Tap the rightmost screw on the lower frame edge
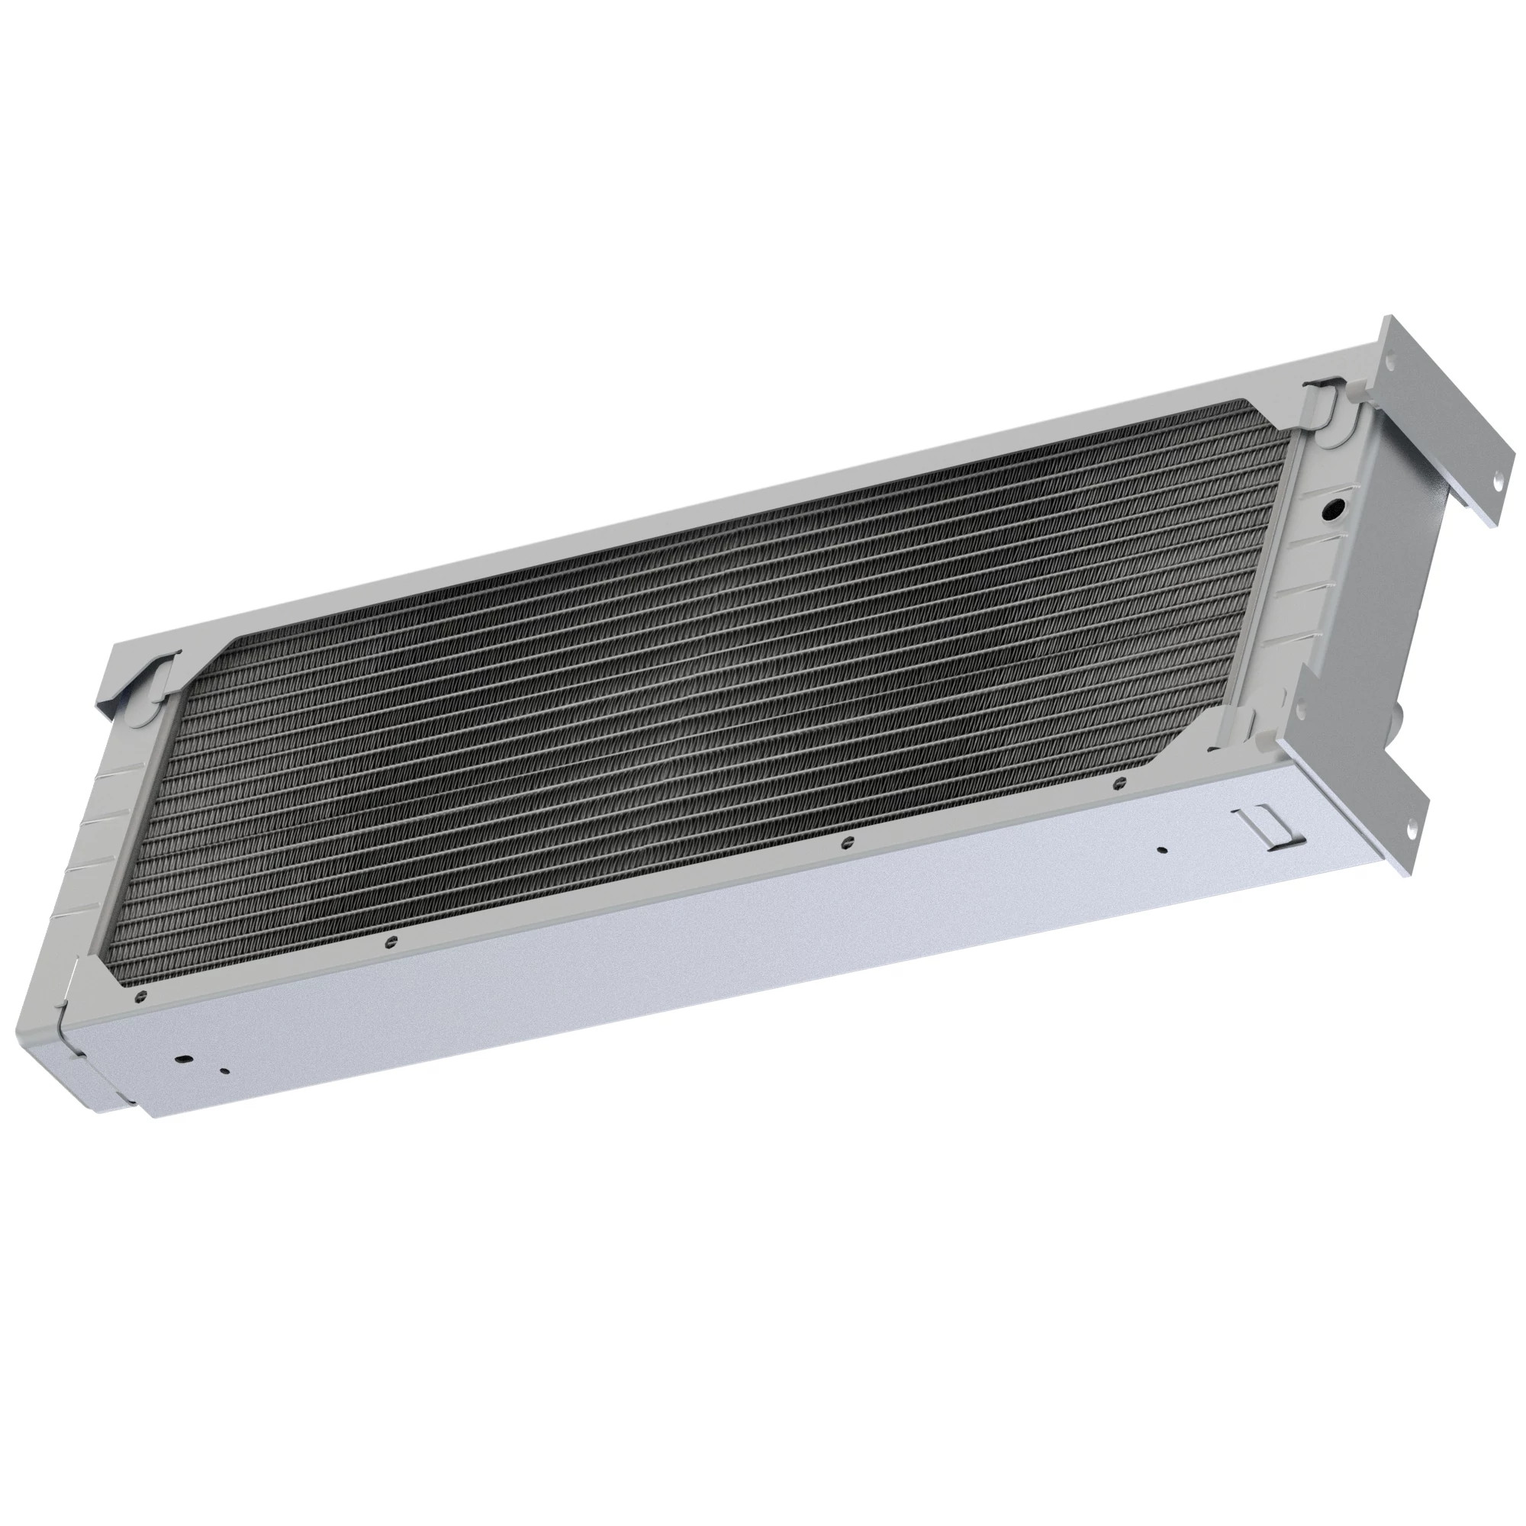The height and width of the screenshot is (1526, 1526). (x=1117, y=783)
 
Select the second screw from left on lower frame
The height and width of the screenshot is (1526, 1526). (x=388, y=940)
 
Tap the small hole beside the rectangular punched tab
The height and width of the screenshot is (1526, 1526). (x=1161, y=851)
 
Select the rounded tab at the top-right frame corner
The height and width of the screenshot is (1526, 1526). (x=1324, y=404)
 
